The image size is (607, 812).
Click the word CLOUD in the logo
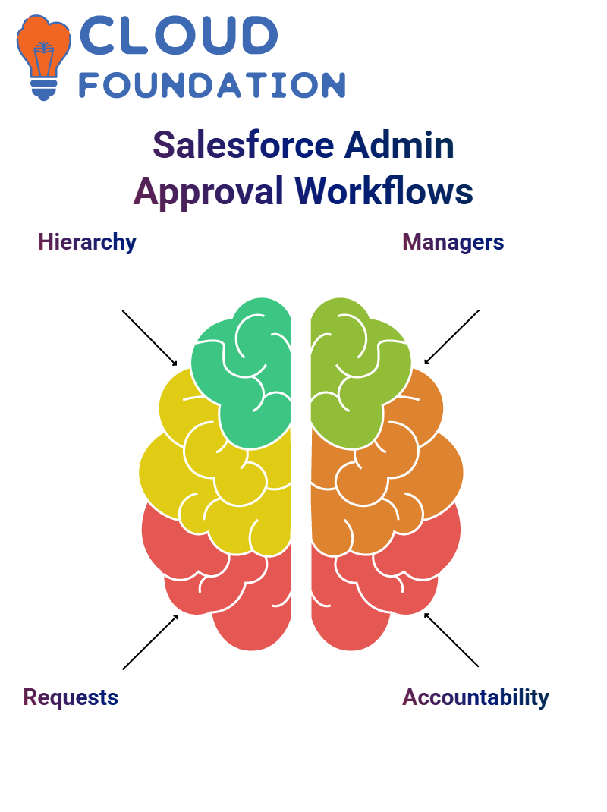coord(178,35)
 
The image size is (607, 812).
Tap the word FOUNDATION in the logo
coord(212,85)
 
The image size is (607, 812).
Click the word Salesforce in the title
coord(244,144)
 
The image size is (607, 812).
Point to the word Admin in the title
coord(399,144)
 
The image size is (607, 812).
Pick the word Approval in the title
coord(209,191)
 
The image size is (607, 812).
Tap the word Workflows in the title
coord(384,190)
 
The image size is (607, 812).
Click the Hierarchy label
coord(87,242)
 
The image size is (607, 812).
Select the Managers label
coord(453,242)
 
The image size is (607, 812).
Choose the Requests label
coord(71,697)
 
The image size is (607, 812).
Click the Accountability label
coord(476,697)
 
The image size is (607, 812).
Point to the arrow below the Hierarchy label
coord(149,338)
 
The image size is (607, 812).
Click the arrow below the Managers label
coord(451,337)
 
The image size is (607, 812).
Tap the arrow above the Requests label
coord(150,642)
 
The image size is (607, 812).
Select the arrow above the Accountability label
coord(451,640)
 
